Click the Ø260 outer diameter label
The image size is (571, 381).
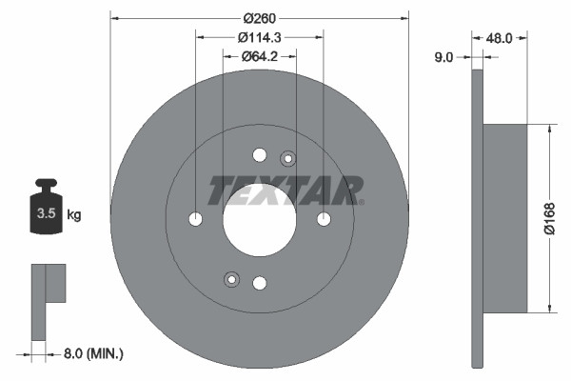[259, 17]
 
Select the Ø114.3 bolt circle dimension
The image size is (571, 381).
[259, 37]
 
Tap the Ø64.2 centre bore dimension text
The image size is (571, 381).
[259, 56]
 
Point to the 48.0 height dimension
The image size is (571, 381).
[500, 39]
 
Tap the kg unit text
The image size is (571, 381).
[73, 215]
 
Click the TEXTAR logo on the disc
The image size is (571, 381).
[285, 190]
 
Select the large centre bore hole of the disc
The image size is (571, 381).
[259, 218]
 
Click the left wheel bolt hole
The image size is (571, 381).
[195, 219]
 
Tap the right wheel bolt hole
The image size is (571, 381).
[324, 219]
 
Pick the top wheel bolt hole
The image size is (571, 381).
[259, 155]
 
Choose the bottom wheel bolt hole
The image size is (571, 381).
[259, 283]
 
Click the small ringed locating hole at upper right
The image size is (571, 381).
[288, 159]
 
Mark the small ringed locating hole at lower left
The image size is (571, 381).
[230, 278]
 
